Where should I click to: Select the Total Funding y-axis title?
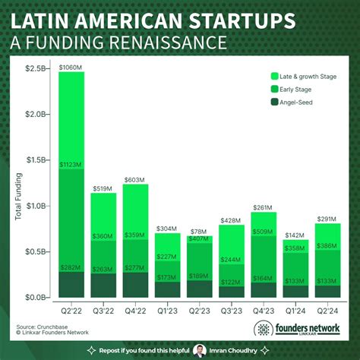tap(17, 199)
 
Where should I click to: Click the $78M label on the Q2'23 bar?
tap(200, 232)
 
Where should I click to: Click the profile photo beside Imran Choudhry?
tap(201, 351)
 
